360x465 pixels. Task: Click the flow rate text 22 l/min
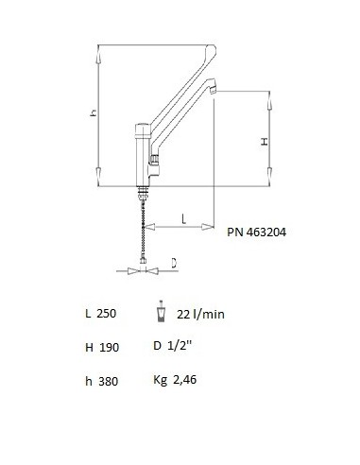[x=197, y=314]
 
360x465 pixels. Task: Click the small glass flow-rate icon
[x=160, y=313]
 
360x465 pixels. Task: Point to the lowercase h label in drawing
[x=94, y=112]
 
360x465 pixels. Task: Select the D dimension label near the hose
[x=175, y=264]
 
